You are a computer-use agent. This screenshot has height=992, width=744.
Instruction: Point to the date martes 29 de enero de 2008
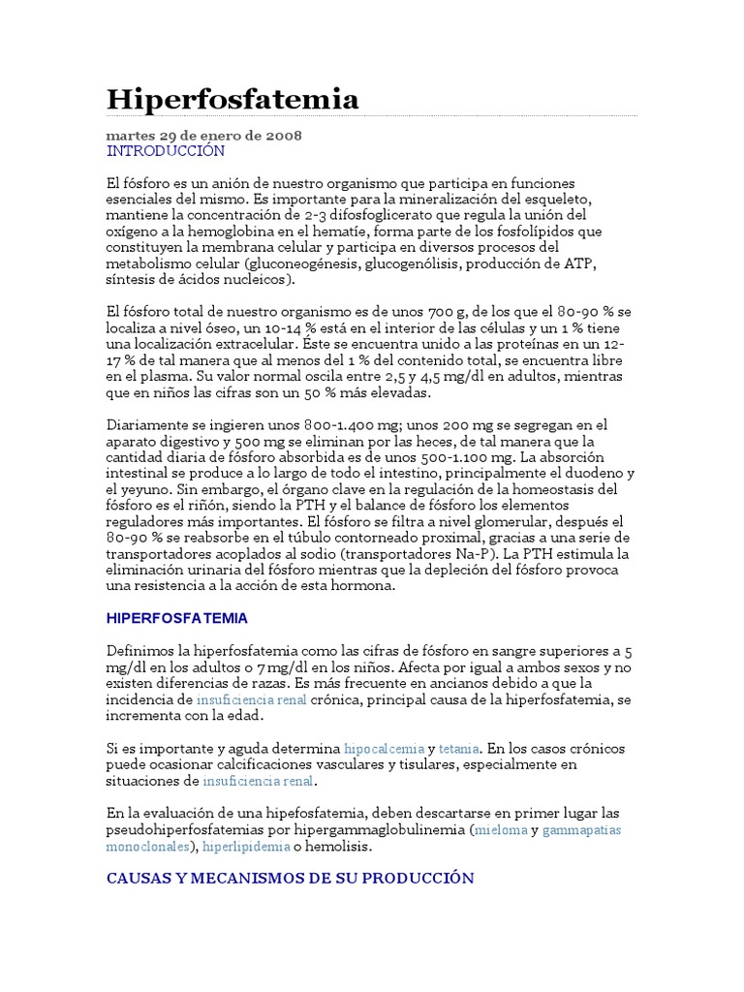(x=203, y=136)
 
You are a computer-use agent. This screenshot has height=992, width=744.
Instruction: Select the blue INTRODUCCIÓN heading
(x=166, y=151)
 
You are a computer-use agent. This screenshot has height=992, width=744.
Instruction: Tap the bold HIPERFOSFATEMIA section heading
(x=177, y=617)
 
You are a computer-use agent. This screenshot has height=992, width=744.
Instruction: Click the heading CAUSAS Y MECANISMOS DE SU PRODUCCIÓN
(x=291, y=878)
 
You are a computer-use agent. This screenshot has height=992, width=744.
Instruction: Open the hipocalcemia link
(x=384, y=749)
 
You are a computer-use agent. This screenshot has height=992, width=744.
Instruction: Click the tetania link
(x=460, y=749)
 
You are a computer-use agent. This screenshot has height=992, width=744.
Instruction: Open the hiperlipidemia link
(x=246, y=846)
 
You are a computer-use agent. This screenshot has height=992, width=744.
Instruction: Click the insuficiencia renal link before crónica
(x=251, y=699)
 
